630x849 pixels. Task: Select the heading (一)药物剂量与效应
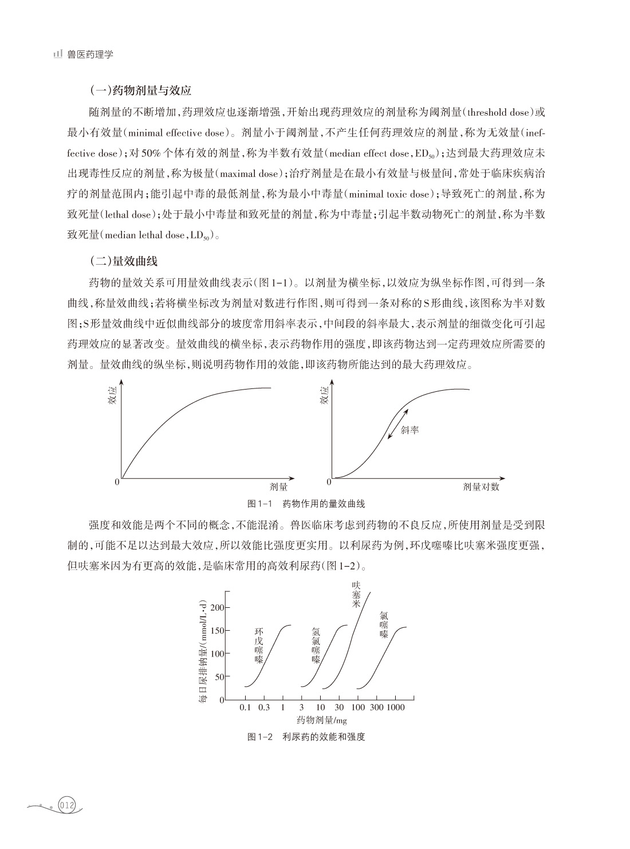pos(140,91)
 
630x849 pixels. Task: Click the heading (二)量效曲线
pos(124,261)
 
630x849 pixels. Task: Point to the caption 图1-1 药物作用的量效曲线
pos(306,504)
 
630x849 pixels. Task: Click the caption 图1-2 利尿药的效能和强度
pos(306,737)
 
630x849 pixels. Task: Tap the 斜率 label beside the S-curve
pos(409,429)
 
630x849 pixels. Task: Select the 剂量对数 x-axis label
pos(481,487)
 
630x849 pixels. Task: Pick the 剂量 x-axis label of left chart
pos(278,487)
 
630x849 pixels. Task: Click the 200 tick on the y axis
pos(218,607)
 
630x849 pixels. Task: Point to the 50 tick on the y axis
pos(220,677)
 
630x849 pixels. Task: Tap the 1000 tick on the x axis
pos(395,707)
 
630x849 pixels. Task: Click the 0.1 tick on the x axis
pos(245,707)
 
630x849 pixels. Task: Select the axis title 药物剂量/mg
pos(322,720)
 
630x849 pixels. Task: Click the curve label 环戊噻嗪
pos(259,645)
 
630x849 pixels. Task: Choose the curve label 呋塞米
pos(356,594)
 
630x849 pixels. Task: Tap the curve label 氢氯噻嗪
pos(316,645)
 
